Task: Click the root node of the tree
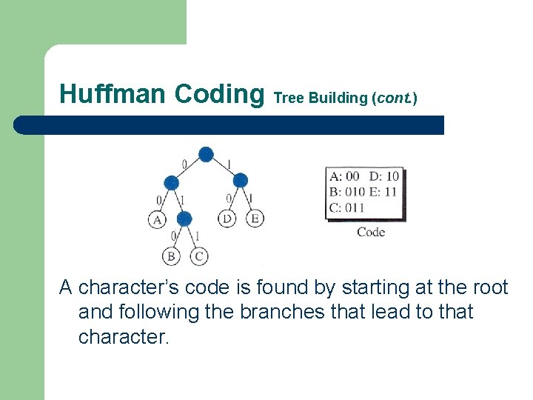click(206, 154)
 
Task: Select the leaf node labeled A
click(157, 219)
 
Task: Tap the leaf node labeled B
click(170, 257)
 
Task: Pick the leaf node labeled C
click(199, 257)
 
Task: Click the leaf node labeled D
click(227, 219)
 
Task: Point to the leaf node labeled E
click(255, 219)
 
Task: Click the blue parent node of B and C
click(185, 219)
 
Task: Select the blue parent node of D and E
click(240, 180)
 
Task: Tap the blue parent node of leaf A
click(171, 181)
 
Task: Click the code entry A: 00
click(344, 176)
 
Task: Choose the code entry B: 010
click(347, 192)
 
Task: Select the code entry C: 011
click(347, 207)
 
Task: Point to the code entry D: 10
click(384, 176)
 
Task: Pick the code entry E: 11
click(383, 192)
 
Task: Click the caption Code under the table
click(371, 232)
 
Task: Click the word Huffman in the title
click(113, 94)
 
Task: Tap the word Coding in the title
click(219, 94)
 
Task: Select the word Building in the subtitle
click(339, 97)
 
